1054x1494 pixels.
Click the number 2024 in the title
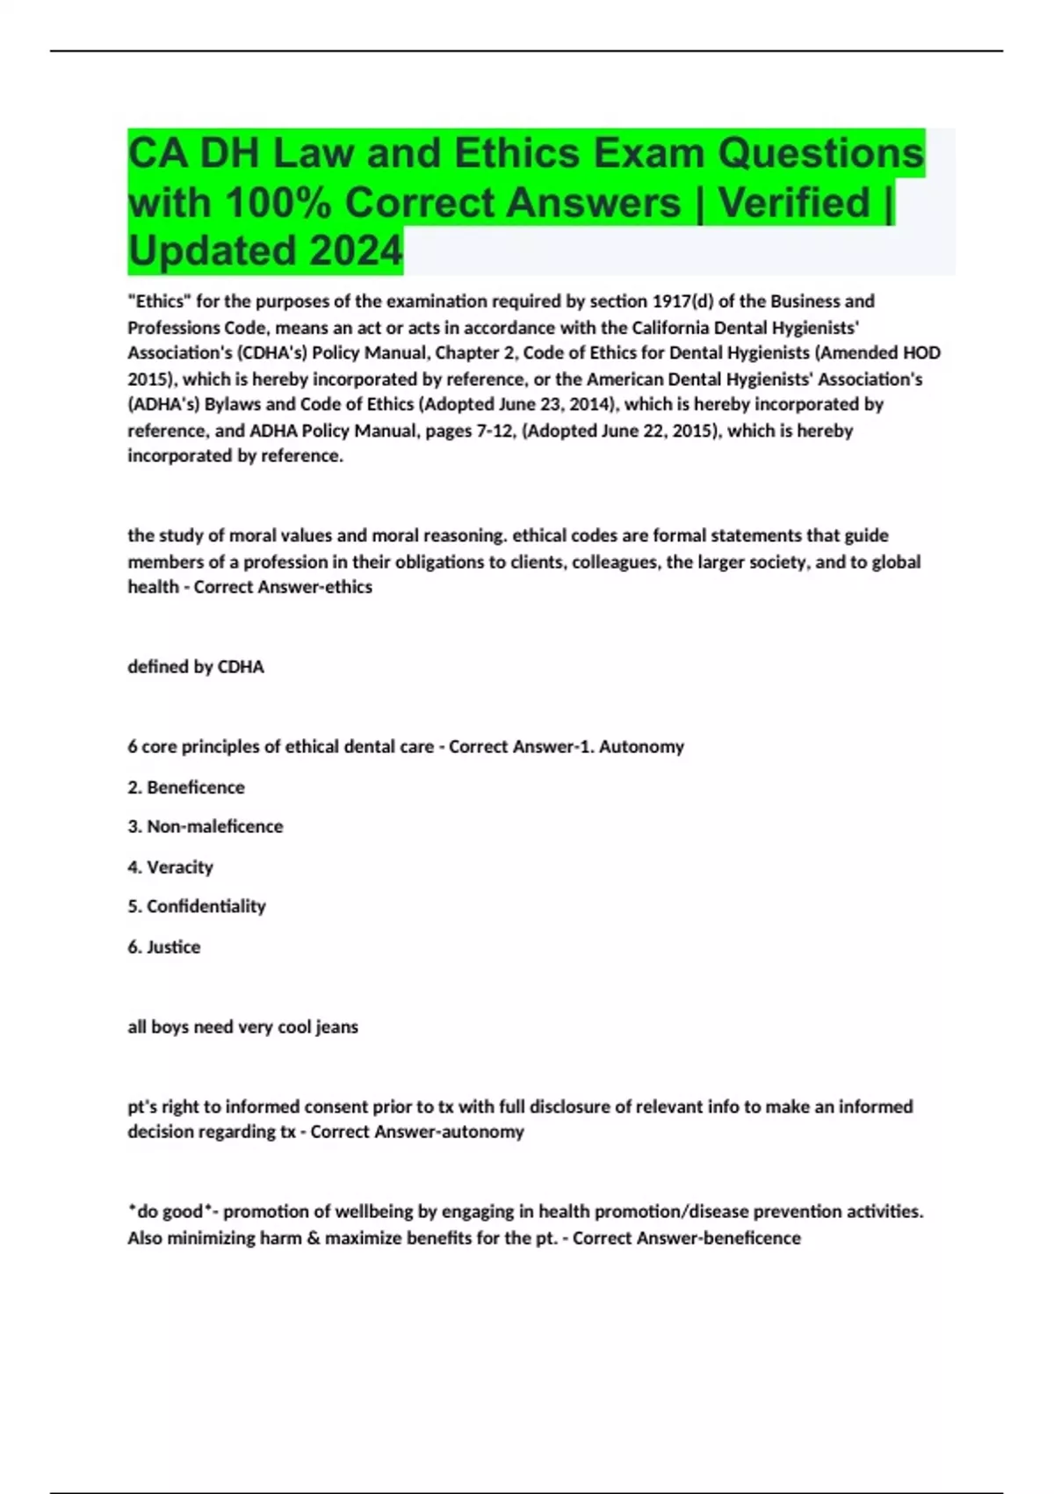pos(356,250)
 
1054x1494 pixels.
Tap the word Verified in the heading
pos(794,202)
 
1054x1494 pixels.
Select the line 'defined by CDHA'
pos(196,667)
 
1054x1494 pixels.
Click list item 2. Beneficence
pos(186,787)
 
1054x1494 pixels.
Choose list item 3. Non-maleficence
pos(206,827)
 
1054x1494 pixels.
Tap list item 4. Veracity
pos(170,867)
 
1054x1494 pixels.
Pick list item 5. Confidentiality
pos(197,906)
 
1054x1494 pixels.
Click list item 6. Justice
pos(164,947)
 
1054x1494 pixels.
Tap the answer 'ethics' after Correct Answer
pos(349,587)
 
